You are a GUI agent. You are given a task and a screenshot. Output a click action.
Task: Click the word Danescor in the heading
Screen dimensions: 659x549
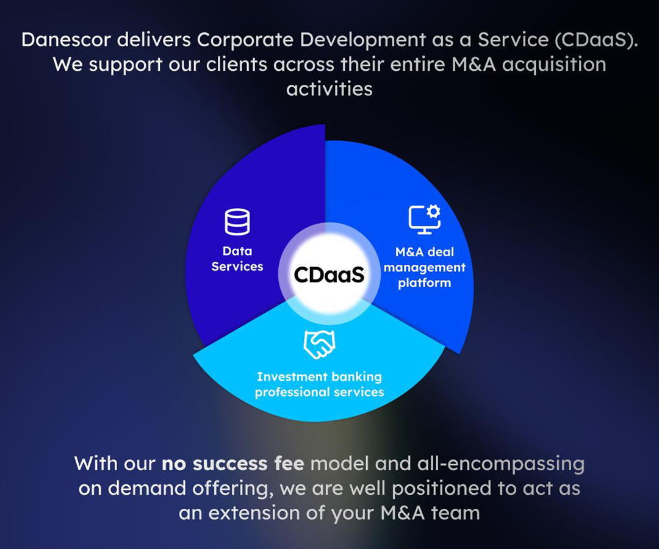pos(66,40)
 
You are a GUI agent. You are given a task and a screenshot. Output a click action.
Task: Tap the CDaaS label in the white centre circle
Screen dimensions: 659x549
pos(329,275)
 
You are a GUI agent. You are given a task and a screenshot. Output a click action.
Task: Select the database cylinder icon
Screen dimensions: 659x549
pos(237,221)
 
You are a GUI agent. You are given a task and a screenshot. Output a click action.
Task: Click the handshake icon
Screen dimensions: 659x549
pos(319,345)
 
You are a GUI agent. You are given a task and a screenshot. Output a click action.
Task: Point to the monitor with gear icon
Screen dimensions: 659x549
pos(425,219)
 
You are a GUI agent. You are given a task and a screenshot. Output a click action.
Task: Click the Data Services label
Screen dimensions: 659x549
pos(237,259)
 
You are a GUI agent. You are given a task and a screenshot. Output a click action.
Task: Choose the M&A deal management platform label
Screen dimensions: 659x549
pos(425,267)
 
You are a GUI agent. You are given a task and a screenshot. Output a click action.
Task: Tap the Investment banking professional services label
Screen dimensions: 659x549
pos(319,384)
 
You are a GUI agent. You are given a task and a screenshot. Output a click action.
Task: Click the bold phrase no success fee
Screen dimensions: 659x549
pos(233,464)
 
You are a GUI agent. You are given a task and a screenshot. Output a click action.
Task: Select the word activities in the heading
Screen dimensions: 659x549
pos(329,89)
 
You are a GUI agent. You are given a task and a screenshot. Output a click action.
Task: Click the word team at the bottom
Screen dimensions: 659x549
pos(456,513)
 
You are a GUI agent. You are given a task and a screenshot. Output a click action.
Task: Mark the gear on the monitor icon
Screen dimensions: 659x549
pos(433,211)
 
